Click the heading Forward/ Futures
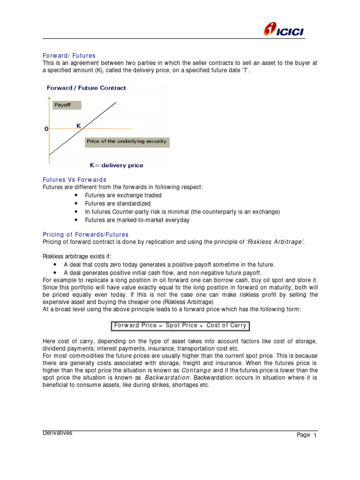pos(69,56)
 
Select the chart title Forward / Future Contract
pos(86,88)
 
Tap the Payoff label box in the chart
pos(67,105)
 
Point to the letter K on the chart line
pos(79,125)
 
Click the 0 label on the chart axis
pos(46,128)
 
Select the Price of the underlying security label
pos(126,141)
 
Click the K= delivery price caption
pos(116,165)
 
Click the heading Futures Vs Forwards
pos(75,180)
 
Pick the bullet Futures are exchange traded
pos(123,195)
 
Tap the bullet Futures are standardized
pos(118,203)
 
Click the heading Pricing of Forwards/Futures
pos(85,234)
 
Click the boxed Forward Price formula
pos(180,325)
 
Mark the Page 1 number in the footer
pos(307,435)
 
